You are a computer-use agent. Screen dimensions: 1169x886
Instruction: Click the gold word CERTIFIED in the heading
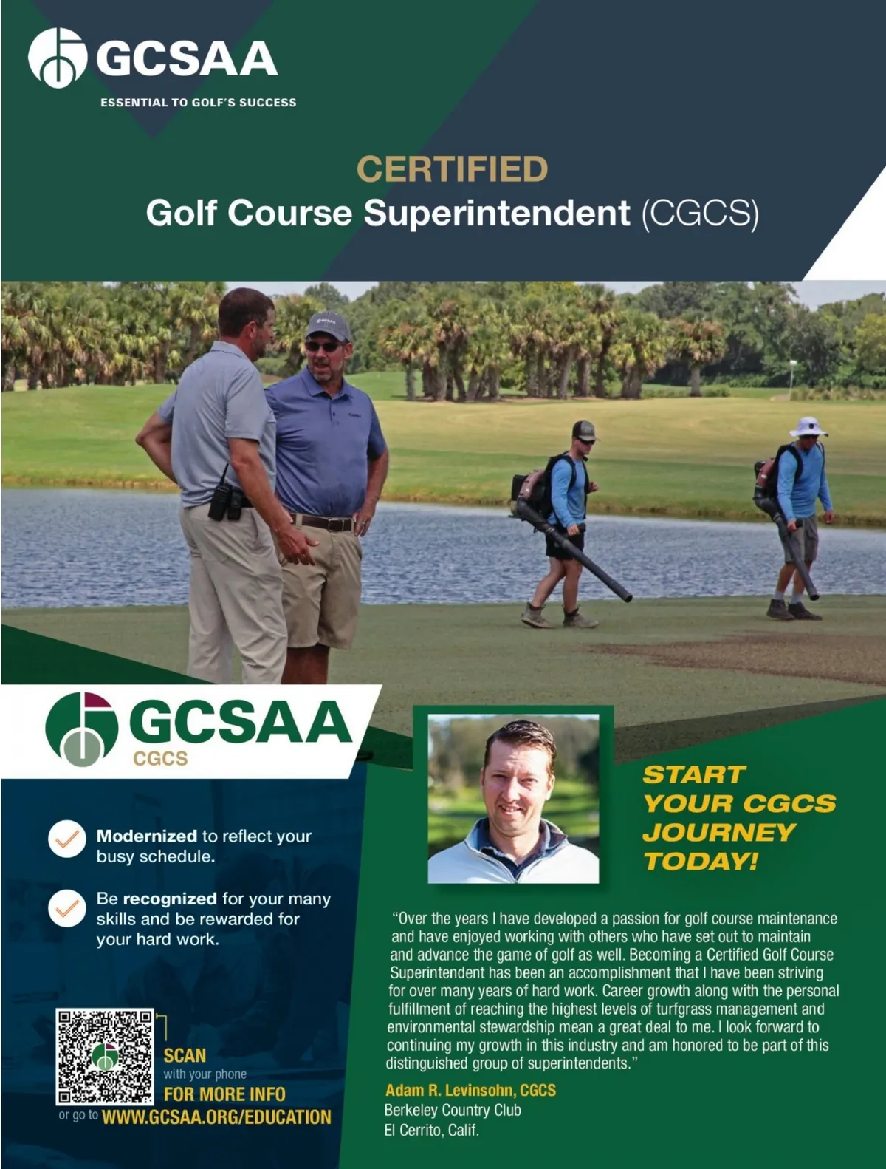tap(452, 169)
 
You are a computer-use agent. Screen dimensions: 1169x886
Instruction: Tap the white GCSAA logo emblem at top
tap(57, 58)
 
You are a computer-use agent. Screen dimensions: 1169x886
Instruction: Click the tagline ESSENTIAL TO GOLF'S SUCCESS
tap(198, 103)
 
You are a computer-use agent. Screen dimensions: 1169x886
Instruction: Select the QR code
tap(105, 1056)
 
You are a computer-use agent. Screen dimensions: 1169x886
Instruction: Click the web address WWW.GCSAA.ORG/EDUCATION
tap(216, 1117)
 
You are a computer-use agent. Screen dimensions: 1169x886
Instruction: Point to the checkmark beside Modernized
tap(67, 839)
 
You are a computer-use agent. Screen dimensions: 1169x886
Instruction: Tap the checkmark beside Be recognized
tap(67, 908)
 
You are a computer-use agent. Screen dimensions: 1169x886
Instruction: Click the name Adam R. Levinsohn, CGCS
tap(470, 1090)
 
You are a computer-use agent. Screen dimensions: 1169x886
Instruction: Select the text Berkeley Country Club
tap(453, 1110)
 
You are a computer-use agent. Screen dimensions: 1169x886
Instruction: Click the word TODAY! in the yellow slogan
tap(700, 862)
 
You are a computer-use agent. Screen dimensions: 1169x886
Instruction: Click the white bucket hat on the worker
tap(808, 427)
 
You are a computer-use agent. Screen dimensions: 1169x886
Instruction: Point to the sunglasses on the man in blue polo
tap(323, 346)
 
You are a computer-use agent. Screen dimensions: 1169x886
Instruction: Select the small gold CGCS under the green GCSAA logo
tap(160, 759)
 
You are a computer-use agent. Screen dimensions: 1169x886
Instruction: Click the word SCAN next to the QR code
tap(185, 1055)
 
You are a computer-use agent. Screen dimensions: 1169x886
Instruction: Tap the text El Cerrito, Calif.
tap(431, 1130)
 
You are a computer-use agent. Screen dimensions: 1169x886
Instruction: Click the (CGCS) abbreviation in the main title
tap(700, 214)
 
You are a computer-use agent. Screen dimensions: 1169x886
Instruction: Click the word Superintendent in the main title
tap(497, 214)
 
